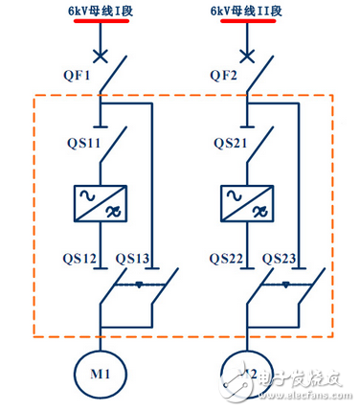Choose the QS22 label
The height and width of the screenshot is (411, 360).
point(230,258)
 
